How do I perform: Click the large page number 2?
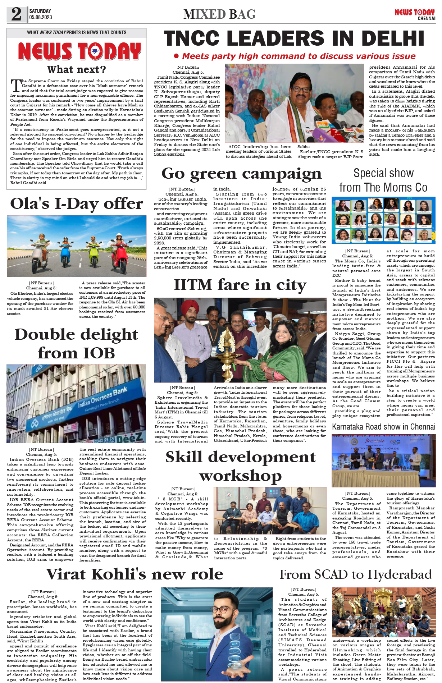16,14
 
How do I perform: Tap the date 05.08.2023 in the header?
40,17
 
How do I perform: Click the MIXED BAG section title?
219,14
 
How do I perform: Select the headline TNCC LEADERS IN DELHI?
294,38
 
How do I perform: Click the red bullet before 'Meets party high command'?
176,56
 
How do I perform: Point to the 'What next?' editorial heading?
76,69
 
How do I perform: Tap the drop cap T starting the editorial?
15,86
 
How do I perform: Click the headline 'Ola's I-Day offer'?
76,203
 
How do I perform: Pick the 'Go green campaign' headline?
241,173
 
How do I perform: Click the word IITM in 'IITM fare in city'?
193,285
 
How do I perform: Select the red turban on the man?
190,307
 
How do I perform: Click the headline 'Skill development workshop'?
241,466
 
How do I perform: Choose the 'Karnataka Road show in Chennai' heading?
383,427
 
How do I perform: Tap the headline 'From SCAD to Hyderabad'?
355,574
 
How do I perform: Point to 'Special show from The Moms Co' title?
383,180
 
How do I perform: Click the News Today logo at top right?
414,13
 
